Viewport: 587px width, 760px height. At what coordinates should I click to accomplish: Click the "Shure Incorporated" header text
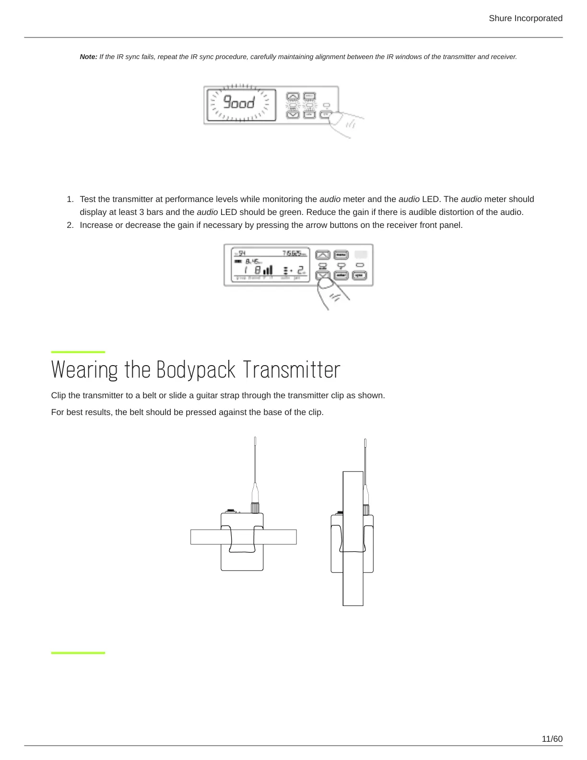pos(525,18)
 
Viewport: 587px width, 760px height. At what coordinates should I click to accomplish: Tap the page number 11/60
pos(552,739)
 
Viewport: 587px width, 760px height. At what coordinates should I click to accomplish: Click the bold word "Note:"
pos(88,57)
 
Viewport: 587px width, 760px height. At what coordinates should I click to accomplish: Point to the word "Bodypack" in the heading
pos(196,370)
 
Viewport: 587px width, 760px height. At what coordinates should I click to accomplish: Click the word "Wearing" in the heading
pos(84,370)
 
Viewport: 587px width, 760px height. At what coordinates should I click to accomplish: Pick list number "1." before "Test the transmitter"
pos(70,199)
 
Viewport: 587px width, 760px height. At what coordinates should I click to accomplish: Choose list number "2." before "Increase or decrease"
pos(70,225)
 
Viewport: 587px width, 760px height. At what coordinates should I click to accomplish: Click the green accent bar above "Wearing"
pos(78,352)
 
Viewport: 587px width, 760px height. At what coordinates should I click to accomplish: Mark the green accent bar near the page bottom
pos(78,653)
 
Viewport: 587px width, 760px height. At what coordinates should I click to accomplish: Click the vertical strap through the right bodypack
pos(353,585)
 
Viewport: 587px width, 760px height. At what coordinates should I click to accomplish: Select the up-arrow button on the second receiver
pos(323,254)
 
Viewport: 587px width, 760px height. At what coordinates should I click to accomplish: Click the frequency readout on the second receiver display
pos(294,253)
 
